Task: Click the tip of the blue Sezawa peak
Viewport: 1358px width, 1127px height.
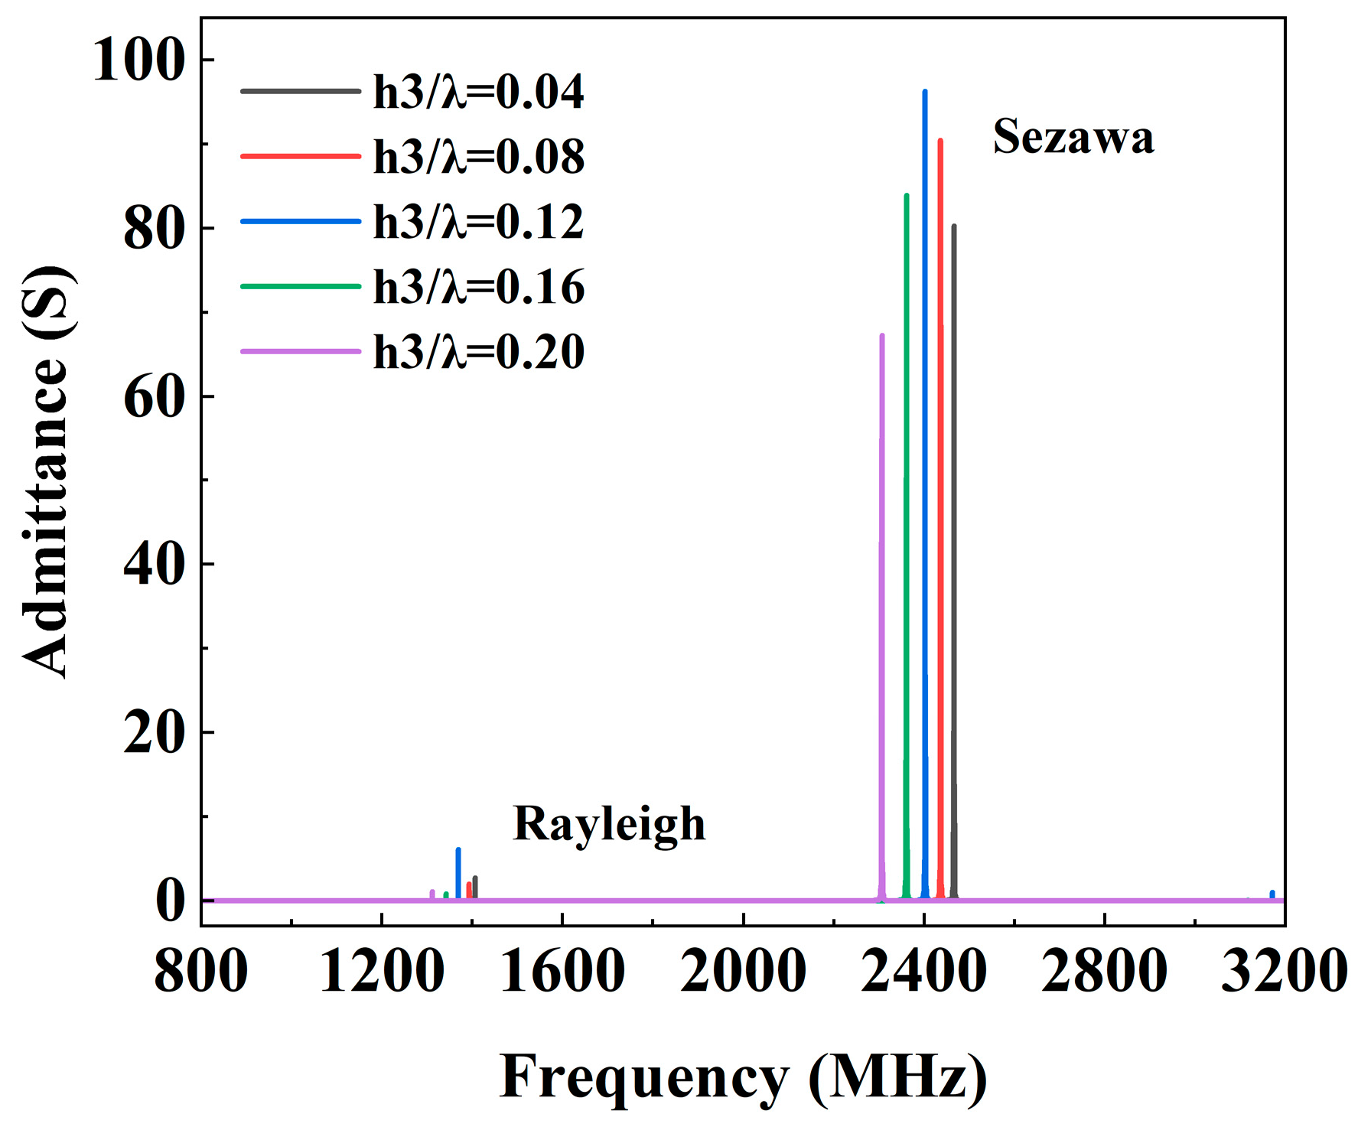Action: coord(925,92)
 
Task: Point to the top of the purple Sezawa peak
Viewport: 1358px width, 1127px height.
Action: coord(882,336)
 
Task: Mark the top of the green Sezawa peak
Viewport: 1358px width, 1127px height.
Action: coord(907,196)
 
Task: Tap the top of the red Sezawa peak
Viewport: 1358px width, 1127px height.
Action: coord(940,141)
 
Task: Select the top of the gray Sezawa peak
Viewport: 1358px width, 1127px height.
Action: coord(954,226)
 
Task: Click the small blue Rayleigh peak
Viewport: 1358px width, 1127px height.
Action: coord(458,851)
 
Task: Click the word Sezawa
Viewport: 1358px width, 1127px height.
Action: coord(1073,137)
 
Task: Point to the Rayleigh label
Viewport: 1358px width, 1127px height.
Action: coord(609,824)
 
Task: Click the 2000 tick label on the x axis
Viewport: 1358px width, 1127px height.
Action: coord(743,971)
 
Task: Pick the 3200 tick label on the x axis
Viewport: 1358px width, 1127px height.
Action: coord(1284,971)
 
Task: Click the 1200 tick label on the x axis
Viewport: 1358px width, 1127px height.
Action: coord(381,971)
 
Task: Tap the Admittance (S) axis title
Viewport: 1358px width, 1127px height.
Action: coord(47,472)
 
